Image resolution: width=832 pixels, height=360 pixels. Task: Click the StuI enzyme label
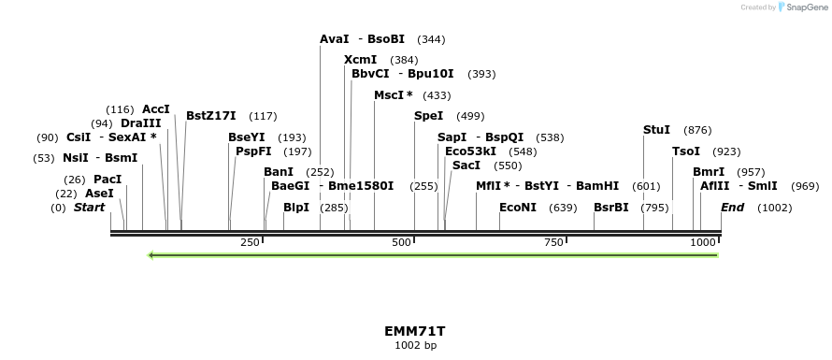(656, 130)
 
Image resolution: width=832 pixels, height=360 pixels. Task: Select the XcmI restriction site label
(360, 60)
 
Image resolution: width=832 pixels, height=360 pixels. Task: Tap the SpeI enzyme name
(428, 116)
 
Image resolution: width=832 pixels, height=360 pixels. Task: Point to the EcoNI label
(518, 208)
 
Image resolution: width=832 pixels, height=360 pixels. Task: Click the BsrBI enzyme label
(611, 208)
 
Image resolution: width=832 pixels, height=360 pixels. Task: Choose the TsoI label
(686, 151)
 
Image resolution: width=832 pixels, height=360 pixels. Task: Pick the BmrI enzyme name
(709, 172)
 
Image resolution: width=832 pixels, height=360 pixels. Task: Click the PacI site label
(108, 180)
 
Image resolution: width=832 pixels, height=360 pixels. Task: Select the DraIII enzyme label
(141, 123)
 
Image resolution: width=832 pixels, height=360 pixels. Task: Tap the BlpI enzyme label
(296, 208)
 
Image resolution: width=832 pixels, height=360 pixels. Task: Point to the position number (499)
(470, 116)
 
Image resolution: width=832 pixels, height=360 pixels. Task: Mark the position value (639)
(563, 208)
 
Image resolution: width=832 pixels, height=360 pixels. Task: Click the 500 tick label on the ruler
(402, 242)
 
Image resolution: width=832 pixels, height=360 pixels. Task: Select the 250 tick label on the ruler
(250, 242)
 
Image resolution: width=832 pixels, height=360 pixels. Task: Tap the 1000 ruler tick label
(702, 242)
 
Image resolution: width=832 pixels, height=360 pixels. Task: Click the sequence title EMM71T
(415, 331)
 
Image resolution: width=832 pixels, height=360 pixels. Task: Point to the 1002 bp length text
(415, 345)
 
